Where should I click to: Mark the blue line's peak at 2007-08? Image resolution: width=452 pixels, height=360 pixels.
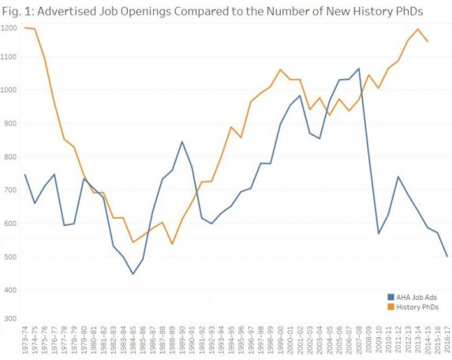[359, 69]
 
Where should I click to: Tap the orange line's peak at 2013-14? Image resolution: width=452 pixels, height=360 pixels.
[417, 29]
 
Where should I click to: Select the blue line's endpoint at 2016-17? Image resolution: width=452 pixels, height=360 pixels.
[447, 256]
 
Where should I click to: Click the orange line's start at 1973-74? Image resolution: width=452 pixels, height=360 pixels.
[25, 28]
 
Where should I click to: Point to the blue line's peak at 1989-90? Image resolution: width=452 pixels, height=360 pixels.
[182, 142]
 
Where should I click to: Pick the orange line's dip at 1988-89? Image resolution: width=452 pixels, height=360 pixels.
[172, 243]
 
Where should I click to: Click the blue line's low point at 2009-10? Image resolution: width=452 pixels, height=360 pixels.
[379, 234]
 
